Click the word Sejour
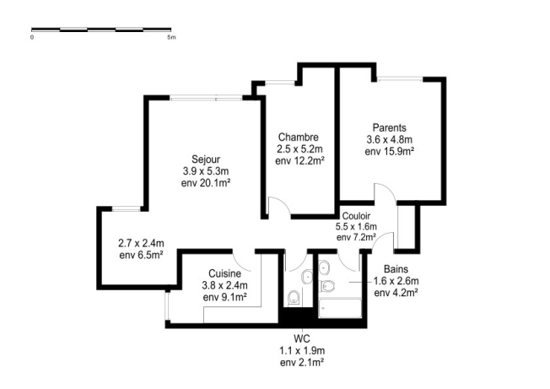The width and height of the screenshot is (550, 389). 206,159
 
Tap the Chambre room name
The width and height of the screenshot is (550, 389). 298,137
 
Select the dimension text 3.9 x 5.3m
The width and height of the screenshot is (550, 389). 206,170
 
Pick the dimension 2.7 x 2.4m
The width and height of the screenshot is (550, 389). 141,242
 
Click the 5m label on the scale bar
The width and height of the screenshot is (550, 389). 171,38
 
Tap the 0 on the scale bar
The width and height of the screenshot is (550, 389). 32,38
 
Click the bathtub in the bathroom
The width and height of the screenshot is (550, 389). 340,307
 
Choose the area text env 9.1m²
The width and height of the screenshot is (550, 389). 224,296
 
